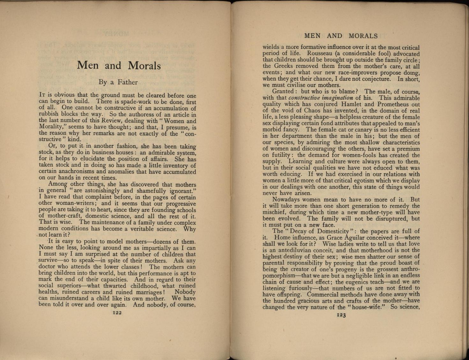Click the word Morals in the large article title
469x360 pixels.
pyautogui.click(x=144, y=65)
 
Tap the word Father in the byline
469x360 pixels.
pyautogui.click(x=128, y=82)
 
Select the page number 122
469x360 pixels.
pyautogui.click(x=117, y=313)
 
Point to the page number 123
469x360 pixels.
pyautogui.click(x=341, y=315)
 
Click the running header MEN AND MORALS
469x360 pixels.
pyautogui.click(x=341, y=36)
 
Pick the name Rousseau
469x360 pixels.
pyautogui.click(x=321, y=54)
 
